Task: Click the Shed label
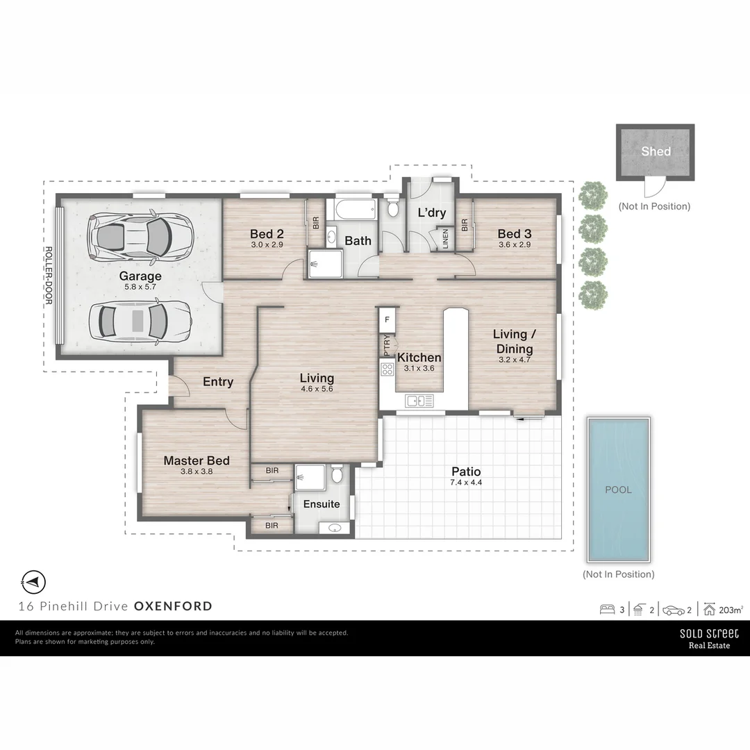point(656,151)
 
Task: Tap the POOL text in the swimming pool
point(618,490)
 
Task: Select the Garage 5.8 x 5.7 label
point(140,280)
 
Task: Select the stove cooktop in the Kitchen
point(387,369)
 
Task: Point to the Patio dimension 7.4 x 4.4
point(465,483)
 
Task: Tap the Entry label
point(217,381)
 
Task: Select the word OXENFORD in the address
point(173,606)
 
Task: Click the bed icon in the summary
point(608,610)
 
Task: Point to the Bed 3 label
point(514,234)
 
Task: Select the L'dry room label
point(431,213)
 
